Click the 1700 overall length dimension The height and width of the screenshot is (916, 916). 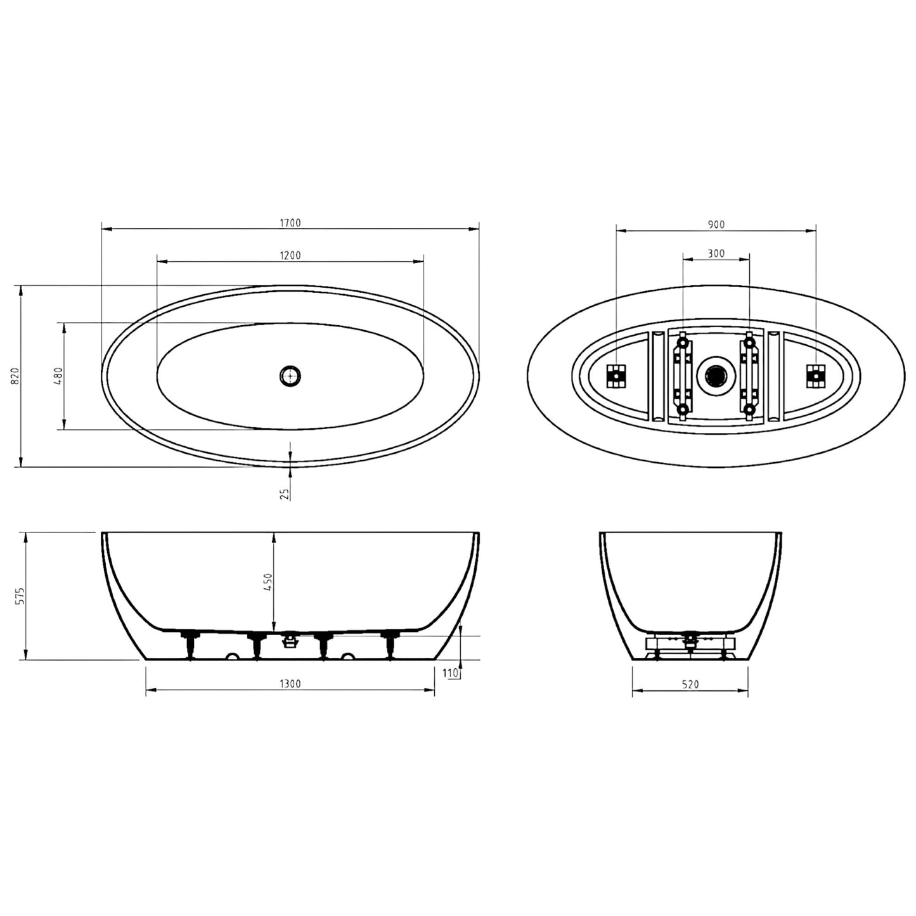coord(290,223)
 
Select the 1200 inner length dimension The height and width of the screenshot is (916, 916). coord(290,255)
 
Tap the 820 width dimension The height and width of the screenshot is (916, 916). coord(16,376)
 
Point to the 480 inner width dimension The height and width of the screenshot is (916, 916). coord(58,376)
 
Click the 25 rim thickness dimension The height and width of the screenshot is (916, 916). coord(286,493)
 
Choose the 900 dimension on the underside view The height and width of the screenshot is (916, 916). coord(716,224)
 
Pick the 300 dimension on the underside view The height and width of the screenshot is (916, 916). coord(716,254)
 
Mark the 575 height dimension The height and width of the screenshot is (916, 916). coord(20,596)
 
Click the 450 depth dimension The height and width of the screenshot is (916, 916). coord(268,582)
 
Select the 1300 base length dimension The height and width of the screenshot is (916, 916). coord(290,683)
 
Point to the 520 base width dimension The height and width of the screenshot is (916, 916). coord(690,684)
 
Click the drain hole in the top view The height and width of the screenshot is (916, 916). coord(290,376)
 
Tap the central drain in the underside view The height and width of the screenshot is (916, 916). coord(715,376)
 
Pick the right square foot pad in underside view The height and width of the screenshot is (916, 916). coord(815,376)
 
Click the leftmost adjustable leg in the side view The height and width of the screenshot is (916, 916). coord(190,645)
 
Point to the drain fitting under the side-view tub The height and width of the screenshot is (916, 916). coord(290,640)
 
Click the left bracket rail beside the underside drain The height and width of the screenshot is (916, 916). coord(682,376)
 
